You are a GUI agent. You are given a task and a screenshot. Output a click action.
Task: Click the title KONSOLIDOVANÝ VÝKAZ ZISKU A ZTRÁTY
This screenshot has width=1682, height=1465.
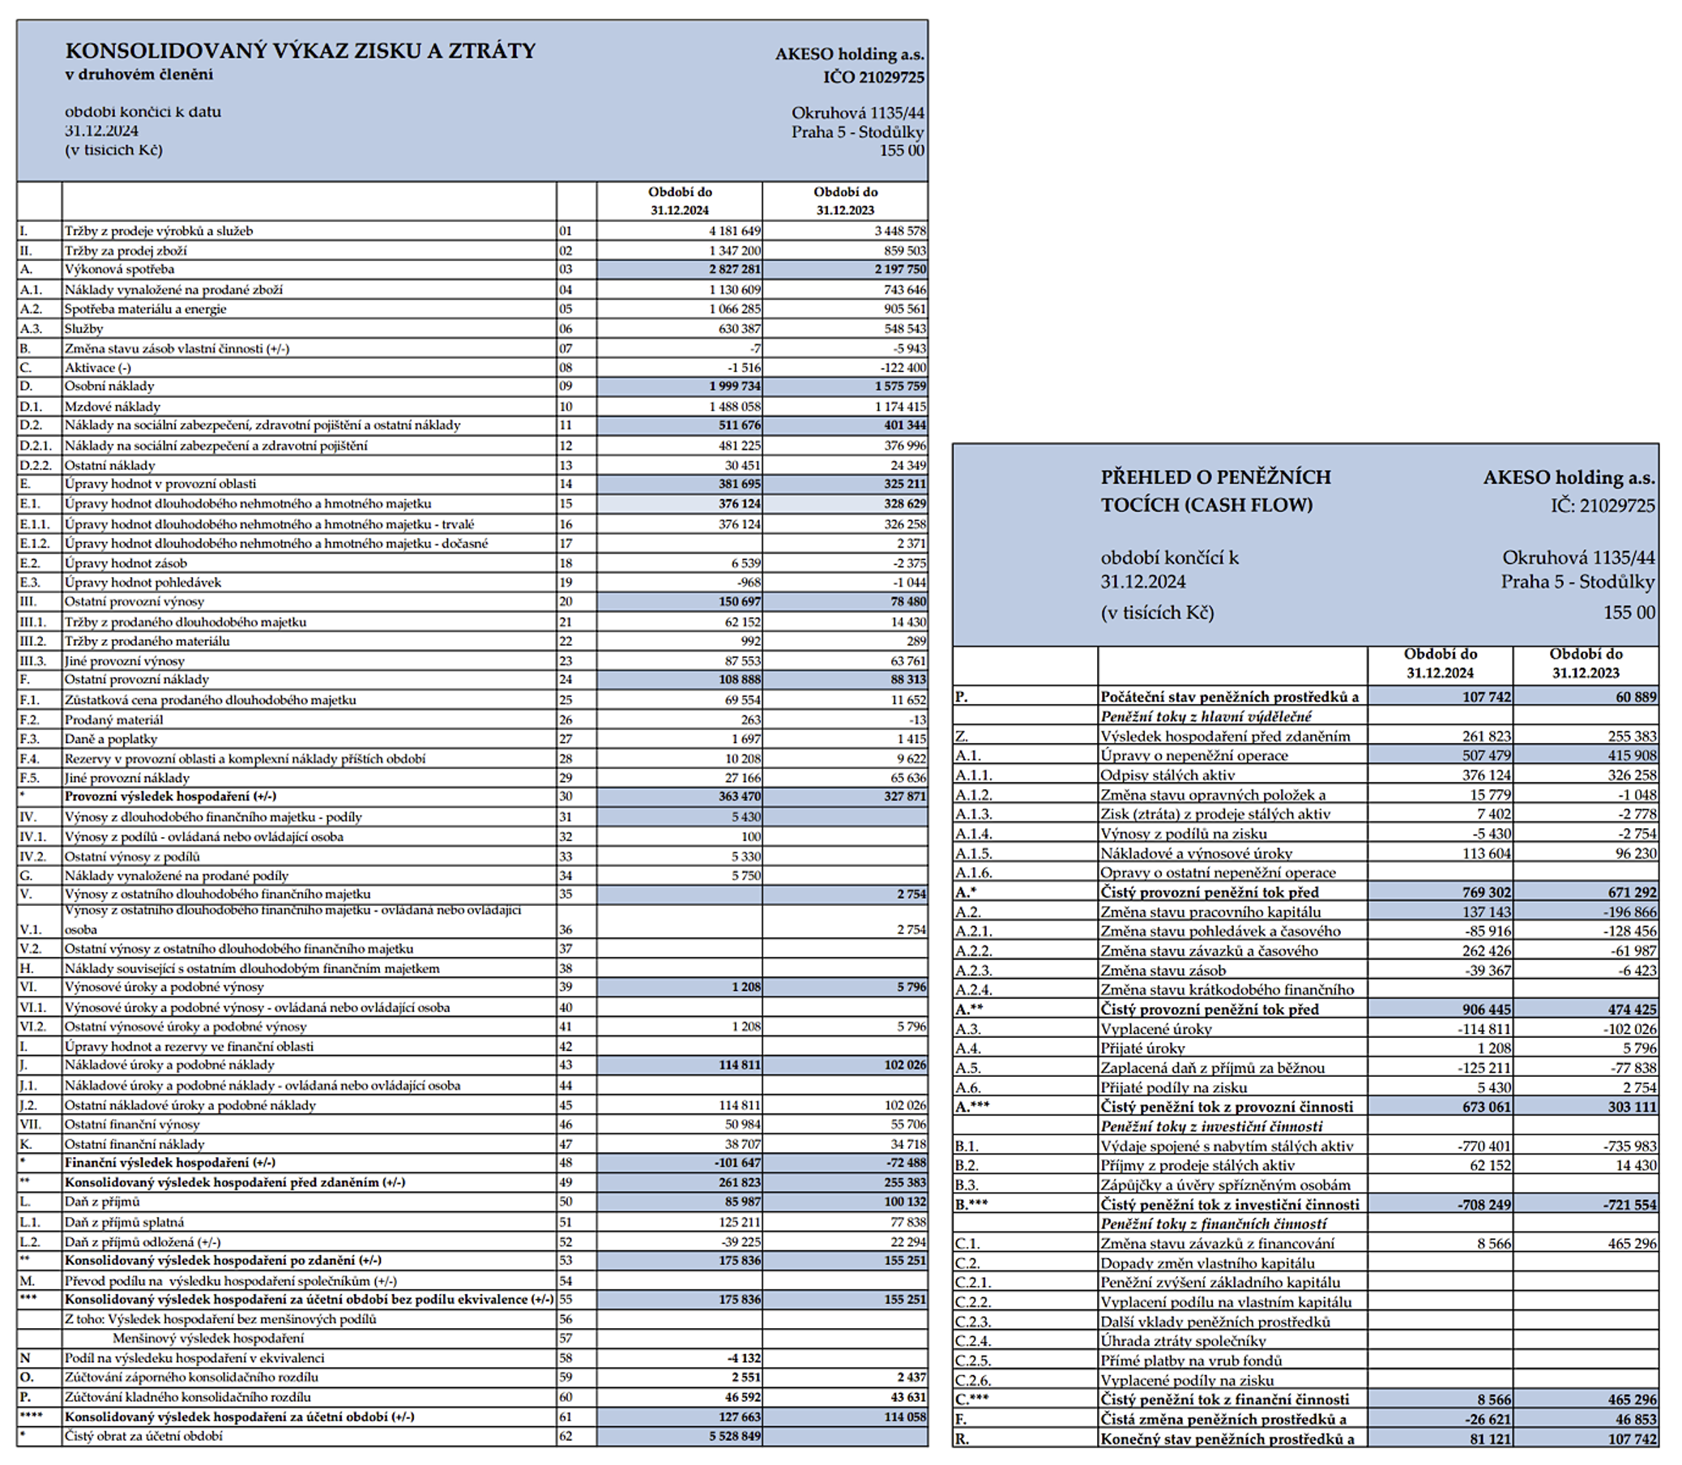(x=300, y=51)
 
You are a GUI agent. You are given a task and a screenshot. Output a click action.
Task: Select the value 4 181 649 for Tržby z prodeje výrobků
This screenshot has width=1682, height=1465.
(x=734, y=232)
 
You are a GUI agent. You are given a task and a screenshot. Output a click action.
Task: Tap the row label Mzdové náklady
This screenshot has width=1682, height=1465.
(x=112, y=406)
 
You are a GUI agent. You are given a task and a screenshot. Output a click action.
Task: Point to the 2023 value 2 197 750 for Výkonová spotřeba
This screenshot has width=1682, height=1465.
(x=900, y=270)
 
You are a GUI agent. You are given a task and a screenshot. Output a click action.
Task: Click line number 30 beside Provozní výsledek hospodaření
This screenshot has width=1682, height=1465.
(x=566, y=797)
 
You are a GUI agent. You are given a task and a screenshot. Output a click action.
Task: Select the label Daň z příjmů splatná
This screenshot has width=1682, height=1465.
(x=124, y=1222)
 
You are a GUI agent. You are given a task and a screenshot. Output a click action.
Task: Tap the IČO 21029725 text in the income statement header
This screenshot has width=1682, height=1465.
(x=873, y=78)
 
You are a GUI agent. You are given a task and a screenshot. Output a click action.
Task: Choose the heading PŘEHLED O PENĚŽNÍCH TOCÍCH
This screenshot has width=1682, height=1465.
(x=1215, y=490)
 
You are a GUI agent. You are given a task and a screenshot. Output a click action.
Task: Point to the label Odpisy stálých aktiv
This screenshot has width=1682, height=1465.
(x=1167, y=775)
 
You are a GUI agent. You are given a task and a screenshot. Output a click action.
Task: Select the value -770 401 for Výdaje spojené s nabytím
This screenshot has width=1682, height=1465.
(x=1484, y=1147)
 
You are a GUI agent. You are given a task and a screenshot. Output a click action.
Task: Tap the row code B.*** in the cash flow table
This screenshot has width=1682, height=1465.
(x=971, y=1205)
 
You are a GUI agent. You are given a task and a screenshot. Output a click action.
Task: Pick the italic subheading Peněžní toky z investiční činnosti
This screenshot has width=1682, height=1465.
(x=1211, y=1126)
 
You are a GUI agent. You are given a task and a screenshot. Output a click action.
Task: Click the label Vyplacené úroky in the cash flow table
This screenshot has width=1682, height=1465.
(x=1155, y=1029)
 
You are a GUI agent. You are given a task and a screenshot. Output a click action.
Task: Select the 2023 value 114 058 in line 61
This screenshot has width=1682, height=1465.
(x=905, y=1416)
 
